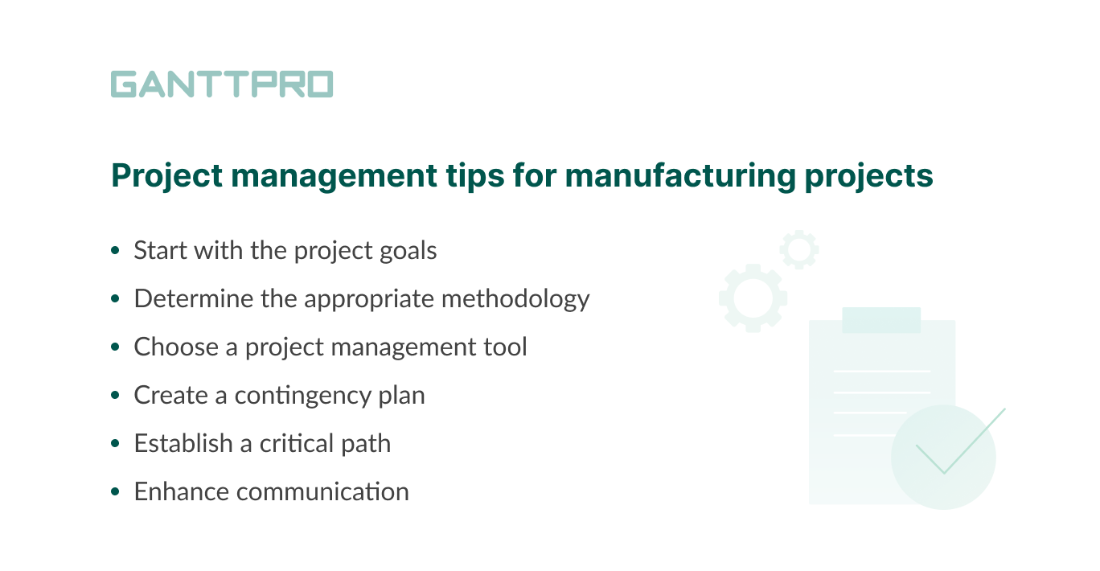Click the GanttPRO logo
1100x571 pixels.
point(222,84)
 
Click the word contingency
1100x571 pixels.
point(302,396)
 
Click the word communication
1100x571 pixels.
point(329,491)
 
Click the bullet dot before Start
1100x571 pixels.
point(116,252)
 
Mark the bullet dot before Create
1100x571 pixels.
point(116,396)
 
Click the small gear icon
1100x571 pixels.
point(798,249)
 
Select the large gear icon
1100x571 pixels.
point(753,298)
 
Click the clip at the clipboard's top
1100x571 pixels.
point(881,319)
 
